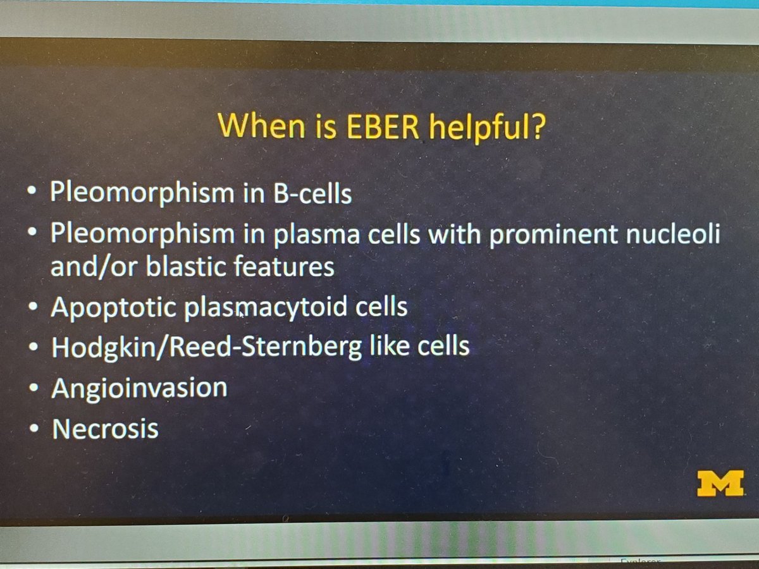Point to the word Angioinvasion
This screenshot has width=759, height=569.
point(139,388)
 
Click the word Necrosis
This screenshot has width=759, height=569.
point(105,429)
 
